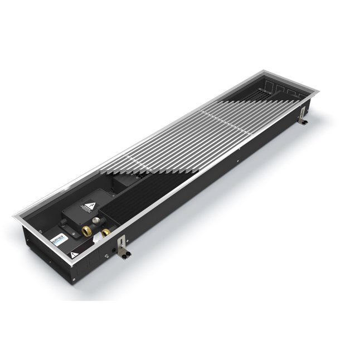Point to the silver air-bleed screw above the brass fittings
96,221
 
